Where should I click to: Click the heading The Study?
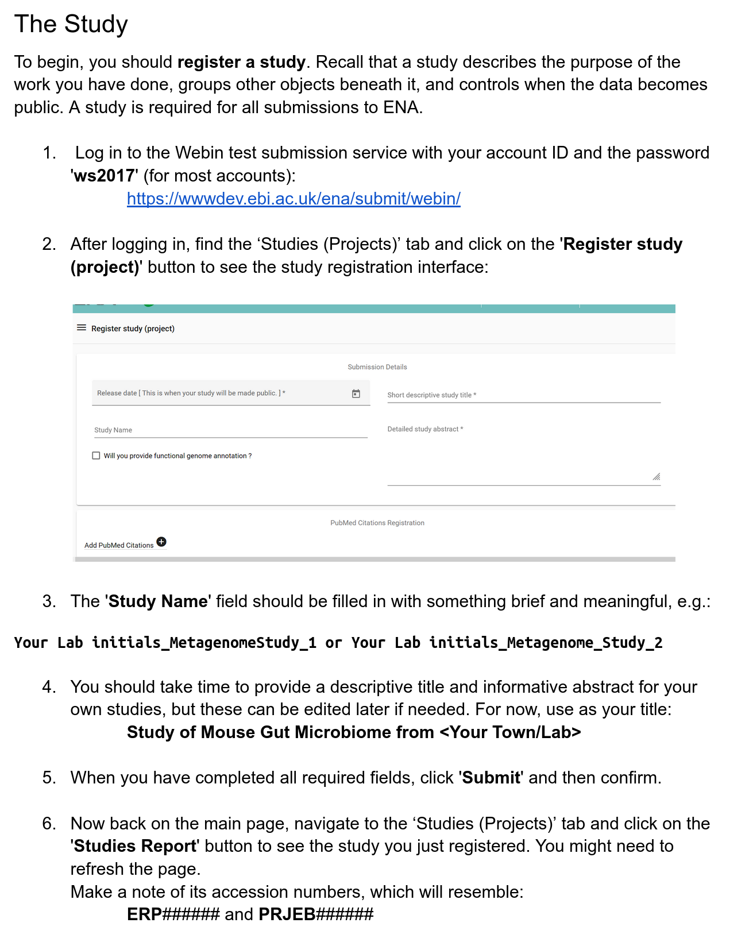[71, 24]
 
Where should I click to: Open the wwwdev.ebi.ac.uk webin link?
[294, 199]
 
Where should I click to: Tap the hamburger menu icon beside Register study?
[82, 328]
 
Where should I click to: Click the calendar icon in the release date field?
[356, 393]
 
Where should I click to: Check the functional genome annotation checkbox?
[96, 455]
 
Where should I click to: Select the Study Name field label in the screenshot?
[113, 430]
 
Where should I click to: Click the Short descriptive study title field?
[523, 395]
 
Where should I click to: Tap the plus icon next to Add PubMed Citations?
[161, 542]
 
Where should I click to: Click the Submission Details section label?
[377, 367]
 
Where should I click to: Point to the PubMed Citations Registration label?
[377, 523]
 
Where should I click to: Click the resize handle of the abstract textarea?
[656, 477]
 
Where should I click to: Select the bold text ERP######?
[173, 914]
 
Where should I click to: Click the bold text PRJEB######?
[316, 914]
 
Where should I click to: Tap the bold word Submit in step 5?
[492, 778]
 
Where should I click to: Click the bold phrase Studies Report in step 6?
[135, 846]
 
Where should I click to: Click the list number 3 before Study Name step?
[49, 601]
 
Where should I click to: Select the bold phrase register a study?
[241, 62]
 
